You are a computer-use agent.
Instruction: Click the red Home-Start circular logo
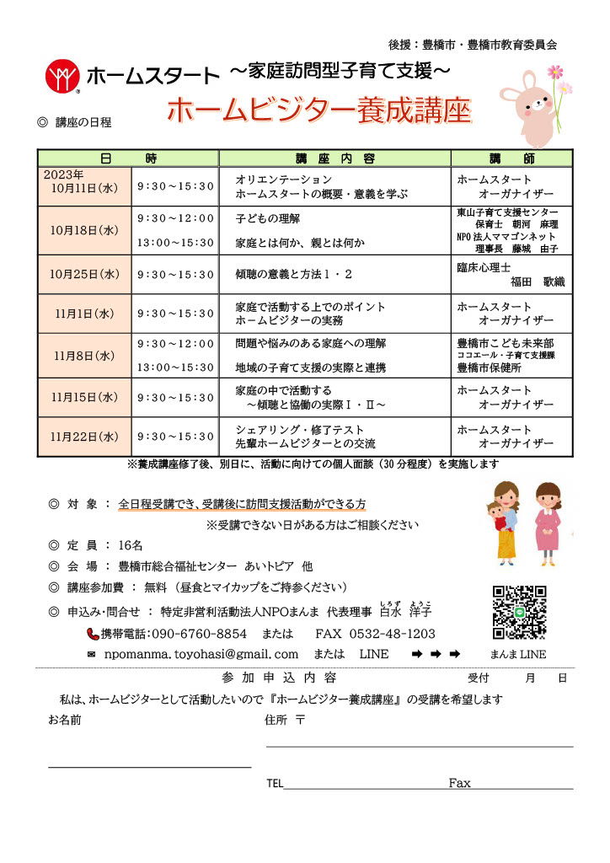pyautogui.click(x=62, y=75)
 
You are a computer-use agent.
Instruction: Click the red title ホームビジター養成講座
pyautogui.click(x=318, y=110)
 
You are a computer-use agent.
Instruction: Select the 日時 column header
pyautogui.click(x=127, y=158)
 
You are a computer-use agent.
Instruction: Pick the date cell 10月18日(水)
pyautogui.click(x=84, y=229)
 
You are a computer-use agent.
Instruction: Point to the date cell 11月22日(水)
pyautogui.click(x=84, y=437)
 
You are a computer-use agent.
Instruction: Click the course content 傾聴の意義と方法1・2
pyautogui.click(x=294, y=274)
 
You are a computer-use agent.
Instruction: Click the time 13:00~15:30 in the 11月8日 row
pyautogui.click(x=175, y=367)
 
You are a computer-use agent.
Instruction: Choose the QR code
pyautogui.click(x=519, y=613)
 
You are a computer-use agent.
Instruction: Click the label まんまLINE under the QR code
pyautogui.click(x=517, y=654)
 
